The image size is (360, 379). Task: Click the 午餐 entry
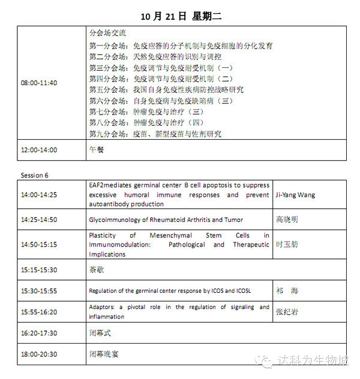96,150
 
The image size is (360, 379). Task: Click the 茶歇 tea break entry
96,270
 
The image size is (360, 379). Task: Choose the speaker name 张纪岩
288,312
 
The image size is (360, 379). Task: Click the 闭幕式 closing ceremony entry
100,332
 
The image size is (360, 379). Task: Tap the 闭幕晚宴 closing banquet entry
103,354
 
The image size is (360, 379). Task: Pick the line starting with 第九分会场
155,134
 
